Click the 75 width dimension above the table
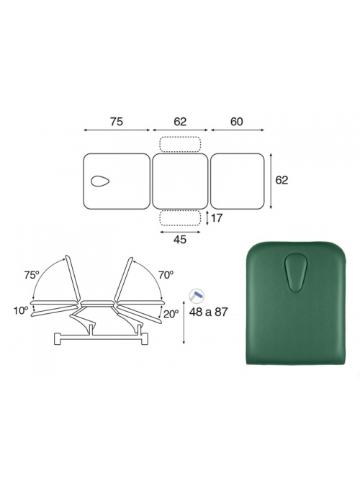pos(116,122)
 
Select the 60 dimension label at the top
pos(237,122)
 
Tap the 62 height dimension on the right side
pos(282,180)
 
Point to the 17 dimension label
pos(217,218)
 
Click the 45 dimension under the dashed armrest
pos(180,239)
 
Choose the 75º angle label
pos(32,275)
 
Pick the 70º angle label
pos(166,274)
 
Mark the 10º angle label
pos(21,310)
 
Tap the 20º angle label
pos(171,314)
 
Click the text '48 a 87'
pos(208,312)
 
